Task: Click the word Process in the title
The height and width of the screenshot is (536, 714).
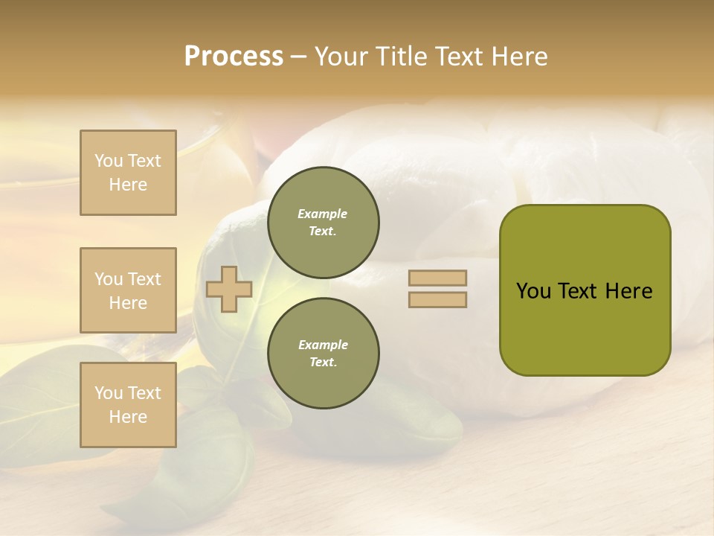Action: (234, 57)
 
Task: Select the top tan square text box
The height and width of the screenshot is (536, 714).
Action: (128, 173)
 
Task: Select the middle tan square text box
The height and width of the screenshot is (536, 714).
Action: (128, 290)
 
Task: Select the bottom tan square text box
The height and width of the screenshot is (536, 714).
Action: (128, 405)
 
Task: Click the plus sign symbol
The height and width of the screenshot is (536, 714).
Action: (229, 289)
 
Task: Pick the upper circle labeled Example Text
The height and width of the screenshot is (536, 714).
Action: (324, 223)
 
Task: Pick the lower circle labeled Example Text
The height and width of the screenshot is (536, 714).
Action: (324, 354)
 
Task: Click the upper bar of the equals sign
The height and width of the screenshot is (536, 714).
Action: (437, 278)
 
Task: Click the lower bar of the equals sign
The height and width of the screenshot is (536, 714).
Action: (437, 300)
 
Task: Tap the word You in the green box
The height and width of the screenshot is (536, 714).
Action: (533, 291)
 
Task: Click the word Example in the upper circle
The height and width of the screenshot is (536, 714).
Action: (323, 214)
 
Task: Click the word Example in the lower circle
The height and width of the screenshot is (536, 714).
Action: (323, 345)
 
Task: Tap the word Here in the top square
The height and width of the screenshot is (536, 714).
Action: (128, 185)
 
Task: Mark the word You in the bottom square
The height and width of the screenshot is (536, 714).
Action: (109, 393)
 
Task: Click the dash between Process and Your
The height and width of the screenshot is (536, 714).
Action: (299, 57)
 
